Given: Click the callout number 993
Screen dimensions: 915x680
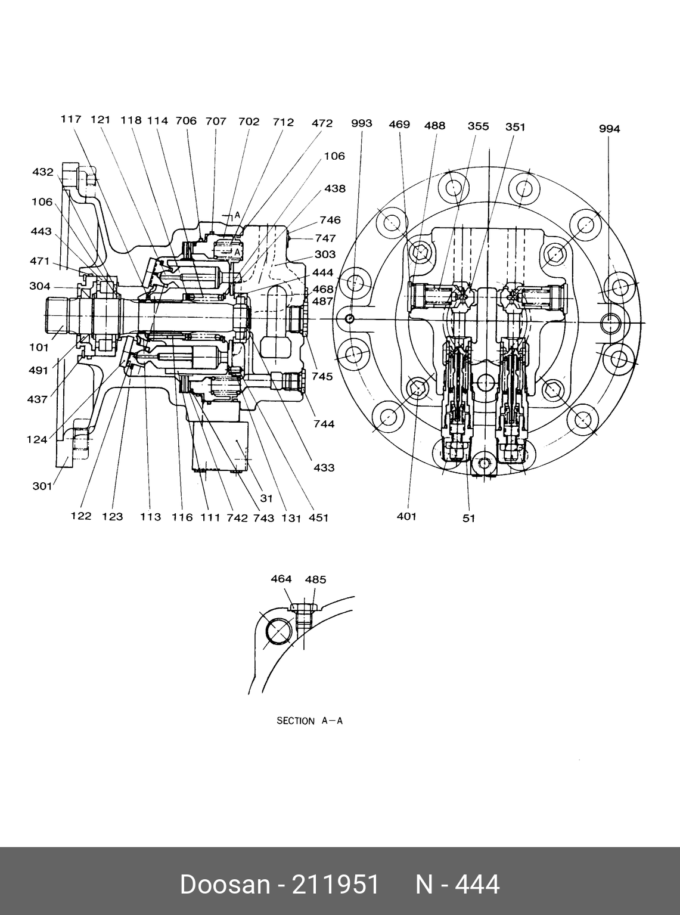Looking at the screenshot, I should click(x=361, y=123).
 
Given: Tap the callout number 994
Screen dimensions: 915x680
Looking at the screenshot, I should click(x=609, y=129).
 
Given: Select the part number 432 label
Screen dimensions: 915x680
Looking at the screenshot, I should click(x=42, y=172).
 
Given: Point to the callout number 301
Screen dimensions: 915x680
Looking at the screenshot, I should click(x=42, y=486).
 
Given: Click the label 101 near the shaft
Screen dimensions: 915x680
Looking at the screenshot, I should click(x=39, y=348).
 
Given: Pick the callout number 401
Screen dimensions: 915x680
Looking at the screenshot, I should click(x=406, y=516).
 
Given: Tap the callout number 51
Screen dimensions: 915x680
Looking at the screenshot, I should click(x=469, y=518).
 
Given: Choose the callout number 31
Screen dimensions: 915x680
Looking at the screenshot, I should click(x=266, y=498).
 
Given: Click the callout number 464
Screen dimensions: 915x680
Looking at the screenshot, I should click(x=281, y=579).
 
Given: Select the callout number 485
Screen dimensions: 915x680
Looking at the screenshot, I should click(x=315, y=579).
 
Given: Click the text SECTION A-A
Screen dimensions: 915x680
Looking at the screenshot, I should click(x=309, y=721).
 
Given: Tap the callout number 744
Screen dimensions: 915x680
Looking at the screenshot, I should click(x=324, y=424).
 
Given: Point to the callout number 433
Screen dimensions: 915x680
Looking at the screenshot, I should click(x=324, y=467).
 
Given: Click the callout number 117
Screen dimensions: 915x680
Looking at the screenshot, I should click(x=70, y=119).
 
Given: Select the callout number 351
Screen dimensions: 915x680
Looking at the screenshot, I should click(x=515, y=126).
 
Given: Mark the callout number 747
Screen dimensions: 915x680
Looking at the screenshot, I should click(x=325, y=238).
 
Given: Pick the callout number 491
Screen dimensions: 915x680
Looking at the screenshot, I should click(x=38, y=370).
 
